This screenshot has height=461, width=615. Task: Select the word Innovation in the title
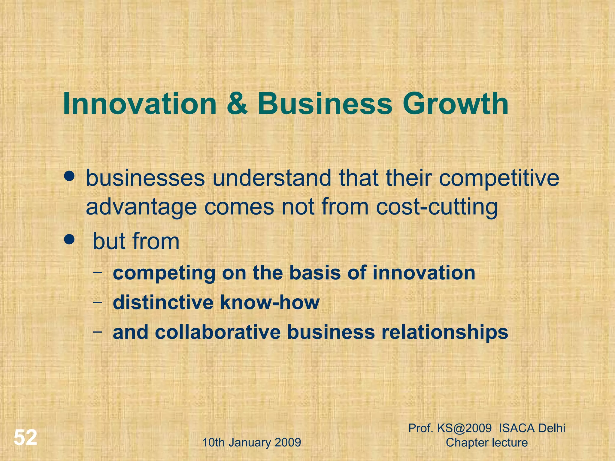click(140, 104)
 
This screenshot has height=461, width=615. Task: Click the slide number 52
click(26, 438)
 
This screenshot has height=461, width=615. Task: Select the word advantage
click(141, 208)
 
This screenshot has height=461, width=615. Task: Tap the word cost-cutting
click(437, 208)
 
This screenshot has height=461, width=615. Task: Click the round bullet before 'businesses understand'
click(69, 176)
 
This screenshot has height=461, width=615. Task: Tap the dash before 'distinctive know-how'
click(97, 302)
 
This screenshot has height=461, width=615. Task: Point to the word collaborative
click(218, 332)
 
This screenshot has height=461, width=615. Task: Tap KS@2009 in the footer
click(464, 428)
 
